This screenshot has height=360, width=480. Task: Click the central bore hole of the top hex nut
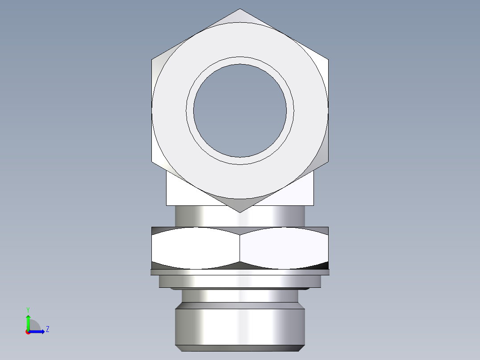pyautogui.click(x=240, y=110)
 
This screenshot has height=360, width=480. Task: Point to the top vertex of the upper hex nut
pyautogui.click(x=240, y=9)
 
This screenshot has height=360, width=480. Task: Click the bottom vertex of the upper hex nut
pyautogui.click(x=240, y=212)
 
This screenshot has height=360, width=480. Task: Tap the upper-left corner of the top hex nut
pyautogui.click(x=152, y=59)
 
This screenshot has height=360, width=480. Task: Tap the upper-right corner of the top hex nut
pyautogui.click(x=328, y=59)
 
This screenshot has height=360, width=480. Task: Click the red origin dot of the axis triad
pyautogui.click(x=28, y=332)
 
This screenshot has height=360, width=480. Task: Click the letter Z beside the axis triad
pyautogui.click(x=47, y=329)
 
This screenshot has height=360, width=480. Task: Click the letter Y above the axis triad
pyautogui.click(x=28, y=310)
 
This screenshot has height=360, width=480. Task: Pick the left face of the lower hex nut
pyautogui.click(x=196, y=248)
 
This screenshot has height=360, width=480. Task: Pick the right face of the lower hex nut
pyautogui.click(x=284, y=248)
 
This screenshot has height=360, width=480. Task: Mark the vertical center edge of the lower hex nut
pyautogui.click(x=240, y=248)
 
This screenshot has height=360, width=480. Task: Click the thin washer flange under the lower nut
pyautogui.click(x=240, y=272)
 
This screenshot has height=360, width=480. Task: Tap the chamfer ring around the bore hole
pyautogui.click(x=240, y=61)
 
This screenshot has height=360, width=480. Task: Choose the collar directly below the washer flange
pyautogui.click(x=240, y=281)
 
